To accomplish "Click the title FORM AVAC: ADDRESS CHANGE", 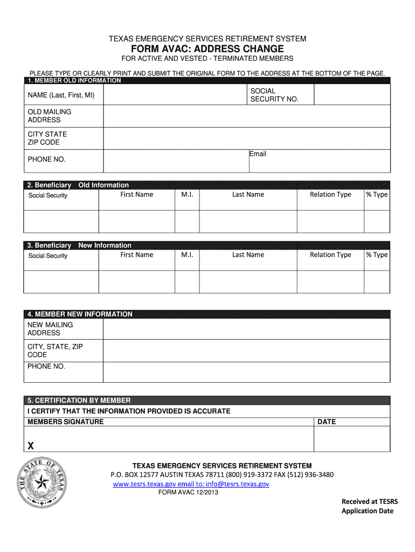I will tap(207, 49).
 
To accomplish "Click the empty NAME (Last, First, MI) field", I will tap(175, 95).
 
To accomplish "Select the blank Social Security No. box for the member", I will tap(351, 95).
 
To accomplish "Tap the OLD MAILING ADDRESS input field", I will tap(246, 116).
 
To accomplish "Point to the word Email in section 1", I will tap(258, 154).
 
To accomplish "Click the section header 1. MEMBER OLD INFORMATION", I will tap(74, 81).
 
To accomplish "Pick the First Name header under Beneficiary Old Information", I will tap(136, 195).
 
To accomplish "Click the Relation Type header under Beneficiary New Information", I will tap(330, 255).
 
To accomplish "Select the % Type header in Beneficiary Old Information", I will tap(377, 195).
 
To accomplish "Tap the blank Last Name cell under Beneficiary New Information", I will tap(248, 281).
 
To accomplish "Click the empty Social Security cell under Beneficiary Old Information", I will tap(60, 221).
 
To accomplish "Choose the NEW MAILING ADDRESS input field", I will tap(246, 329).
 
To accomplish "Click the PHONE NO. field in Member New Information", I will tap(246, 372).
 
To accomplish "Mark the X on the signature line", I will tap(31, 446).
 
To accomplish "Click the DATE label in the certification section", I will tap(327, 422).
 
